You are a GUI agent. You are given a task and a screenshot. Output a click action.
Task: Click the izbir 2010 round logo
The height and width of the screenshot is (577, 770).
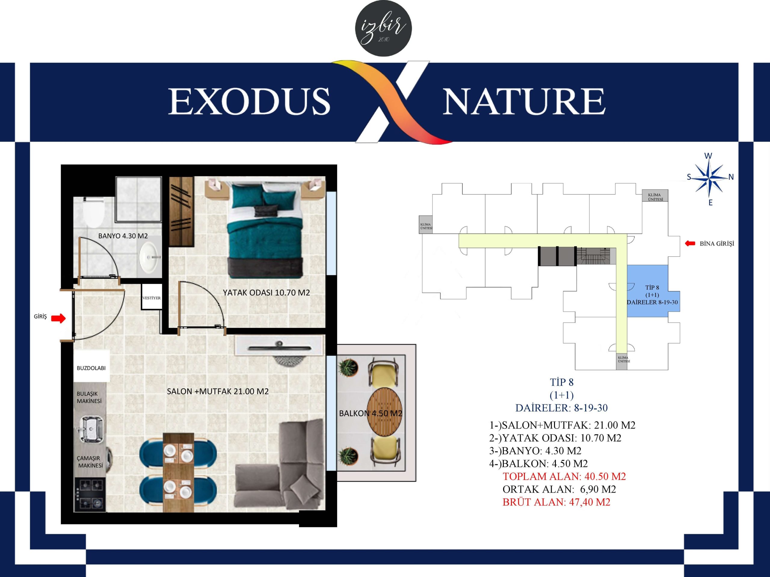[383, 29]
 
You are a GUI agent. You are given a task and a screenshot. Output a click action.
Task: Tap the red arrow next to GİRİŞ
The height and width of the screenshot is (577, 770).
[58, 318]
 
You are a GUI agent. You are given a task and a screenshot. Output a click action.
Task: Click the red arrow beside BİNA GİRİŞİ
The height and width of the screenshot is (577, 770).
[690, 243]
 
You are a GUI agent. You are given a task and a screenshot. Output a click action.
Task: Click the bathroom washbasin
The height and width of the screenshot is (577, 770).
[150, 257]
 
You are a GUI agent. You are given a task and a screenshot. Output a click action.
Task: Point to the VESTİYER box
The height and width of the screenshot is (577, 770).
[152, 297]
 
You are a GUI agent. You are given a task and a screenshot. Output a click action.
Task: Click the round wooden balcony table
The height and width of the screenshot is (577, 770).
[385, 412]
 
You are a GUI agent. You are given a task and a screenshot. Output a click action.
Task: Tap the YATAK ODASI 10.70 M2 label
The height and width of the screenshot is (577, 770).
[266, 292]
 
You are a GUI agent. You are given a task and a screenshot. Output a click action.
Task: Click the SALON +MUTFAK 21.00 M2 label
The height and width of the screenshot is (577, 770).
[217, 391]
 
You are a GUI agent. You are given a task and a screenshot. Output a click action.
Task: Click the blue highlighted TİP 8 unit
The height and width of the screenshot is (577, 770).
[653, 291]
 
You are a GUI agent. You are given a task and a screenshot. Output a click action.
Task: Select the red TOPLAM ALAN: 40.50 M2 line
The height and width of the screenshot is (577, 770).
[564, 477]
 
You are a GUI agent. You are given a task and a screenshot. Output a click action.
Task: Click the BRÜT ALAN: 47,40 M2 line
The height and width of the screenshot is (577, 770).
[556, 502]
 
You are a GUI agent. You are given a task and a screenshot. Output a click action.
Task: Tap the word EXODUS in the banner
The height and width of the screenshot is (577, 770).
[249, 101]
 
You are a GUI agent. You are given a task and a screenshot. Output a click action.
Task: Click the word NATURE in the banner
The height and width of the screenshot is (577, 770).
[524, 101]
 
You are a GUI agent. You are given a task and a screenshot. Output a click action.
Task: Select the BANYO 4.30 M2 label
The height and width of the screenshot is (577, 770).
[123, 236]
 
